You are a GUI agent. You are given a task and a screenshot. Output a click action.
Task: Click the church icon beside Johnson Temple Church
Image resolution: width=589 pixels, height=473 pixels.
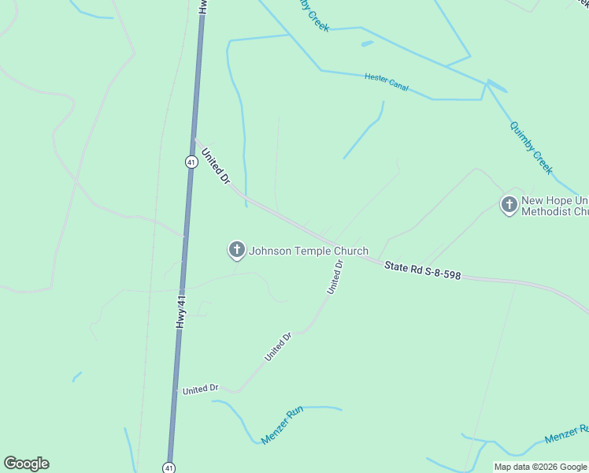236,251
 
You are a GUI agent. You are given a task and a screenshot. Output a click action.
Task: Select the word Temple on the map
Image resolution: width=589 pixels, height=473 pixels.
314,251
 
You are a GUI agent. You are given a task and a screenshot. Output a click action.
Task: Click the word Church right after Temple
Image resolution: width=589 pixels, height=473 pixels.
351,251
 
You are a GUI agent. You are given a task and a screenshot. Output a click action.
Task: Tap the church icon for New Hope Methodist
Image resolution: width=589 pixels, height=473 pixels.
509,205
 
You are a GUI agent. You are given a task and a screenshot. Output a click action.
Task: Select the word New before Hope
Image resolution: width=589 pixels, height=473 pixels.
534,200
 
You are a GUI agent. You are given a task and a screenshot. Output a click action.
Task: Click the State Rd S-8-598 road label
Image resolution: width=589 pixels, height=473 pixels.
422,272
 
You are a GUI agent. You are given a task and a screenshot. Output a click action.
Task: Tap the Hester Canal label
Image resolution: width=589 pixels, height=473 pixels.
386,81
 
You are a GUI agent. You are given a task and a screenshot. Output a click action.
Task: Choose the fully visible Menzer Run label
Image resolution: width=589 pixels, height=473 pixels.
282,425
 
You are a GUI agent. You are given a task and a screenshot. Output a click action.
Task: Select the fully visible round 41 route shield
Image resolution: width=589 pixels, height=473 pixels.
191,162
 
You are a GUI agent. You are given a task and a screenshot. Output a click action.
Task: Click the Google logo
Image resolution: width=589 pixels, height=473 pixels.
27,464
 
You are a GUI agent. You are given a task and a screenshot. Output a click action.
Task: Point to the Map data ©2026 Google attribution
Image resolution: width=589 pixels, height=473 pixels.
540,467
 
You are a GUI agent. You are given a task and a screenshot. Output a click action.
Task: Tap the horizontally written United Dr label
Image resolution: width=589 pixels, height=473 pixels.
200,389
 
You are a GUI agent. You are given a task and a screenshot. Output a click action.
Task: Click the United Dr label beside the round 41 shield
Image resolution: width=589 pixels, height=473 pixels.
215,167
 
